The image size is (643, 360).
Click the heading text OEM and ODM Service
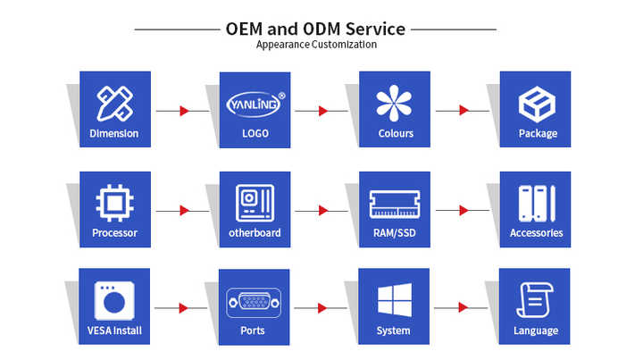coord(315,29)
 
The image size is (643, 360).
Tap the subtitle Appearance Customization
coord(316,45)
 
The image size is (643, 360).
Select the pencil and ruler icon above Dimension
coord(114,103)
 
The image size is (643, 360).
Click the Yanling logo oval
coord(255,103)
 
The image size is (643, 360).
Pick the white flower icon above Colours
coord(394,103)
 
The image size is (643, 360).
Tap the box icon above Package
coord(537,104)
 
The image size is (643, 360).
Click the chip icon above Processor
coord(114,204)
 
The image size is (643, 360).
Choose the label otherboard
coord(255,232)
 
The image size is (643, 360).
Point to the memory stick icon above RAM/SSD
coord(394,204)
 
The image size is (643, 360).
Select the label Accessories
coord(537,232)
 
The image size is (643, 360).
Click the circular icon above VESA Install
coord(114,301)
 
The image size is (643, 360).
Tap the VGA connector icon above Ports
coord(255,301)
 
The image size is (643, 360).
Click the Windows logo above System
coord(394,300)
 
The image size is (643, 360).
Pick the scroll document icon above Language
coord(537,301)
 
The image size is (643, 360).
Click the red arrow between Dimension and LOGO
coord(184,111)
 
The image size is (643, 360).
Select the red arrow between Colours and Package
coord(464,111)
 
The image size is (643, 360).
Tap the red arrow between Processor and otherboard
coord(184,210)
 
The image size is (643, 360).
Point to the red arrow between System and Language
coord(464,307)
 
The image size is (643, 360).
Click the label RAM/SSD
coord(394,232)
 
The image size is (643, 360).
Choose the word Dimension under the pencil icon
coord(114,134)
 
